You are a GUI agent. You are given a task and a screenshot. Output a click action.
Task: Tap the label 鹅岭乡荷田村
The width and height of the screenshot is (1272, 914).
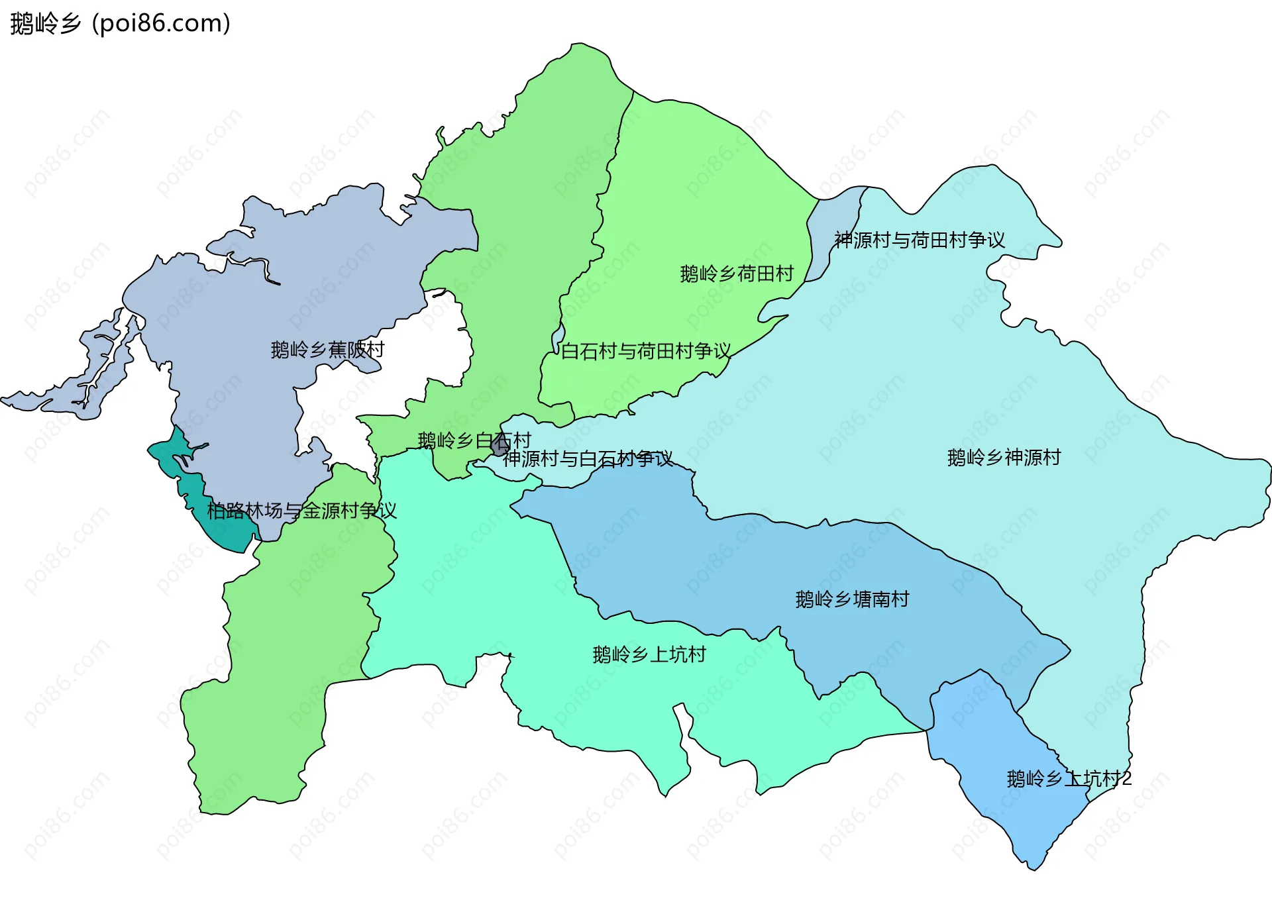point(737,274)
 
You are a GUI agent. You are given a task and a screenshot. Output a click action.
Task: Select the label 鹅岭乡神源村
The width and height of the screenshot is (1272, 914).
point(1004,458)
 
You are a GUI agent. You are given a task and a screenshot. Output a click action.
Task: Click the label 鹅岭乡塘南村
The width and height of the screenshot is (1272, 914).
point(852,599)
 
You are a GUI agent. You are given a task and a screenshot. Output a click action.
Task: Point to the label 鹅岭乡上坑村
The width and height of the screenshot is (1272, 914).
point(649,655)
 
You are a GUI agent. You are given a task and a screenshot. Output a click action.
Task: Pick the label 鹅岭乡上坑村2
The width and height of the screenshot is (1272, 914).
point(1069,779)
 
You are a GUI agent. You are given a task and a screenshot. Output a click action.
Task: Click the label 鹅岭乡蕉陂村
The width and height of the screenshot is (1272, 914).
point(327,350)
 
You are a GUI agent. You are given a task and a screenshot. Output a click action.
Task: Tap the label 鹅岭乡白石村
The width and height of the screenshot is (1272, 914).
point(474,440)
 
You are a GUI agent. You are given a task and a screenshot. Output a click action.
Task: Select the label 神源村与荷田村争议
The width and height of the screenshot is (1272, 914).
point(920,240)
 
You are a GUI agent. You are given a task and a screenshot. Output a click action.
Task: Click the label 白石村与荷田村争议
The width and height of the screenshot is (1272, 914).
point(646,351)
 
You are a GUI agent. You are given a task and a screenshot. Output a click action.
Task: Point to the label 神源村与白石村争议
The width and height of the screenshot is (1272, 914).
point(587,458)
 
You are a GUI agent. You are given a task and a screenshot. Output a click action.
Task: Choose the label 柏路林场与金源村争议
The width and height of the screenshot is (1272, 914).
point(301,511)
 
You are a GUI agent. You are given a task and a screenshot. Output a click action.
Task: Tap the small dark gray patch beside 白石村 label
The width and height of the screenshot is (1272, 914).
point(500,446)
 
